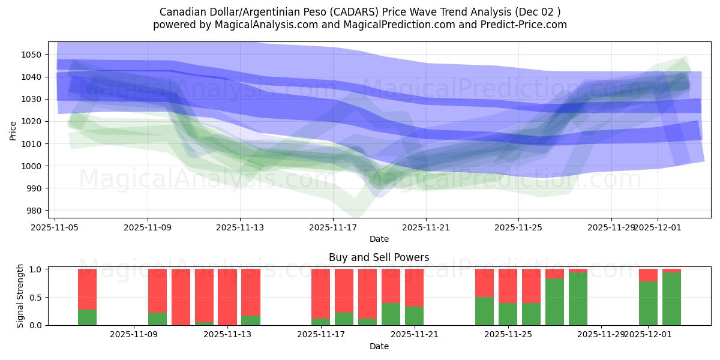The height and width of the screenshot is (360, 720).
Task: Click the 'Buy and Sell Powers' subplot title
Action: click(379, 257)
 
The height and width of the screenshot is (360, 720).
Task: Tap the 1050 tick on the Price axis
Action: click(36, 55)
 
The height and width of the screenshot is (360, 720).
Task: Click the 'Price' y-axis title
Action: click(14, 130)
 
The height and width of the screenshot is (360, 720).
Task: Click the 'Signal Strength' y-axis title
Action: click(20, 295)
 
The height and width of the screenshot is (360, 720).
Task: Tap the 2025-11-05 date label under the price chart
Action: click(55, 228)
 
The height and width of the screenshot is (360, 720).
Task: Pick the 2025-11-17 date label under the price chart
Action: click(333, 228)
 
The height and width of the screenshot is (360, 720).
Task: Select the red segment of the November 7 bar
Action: click(87, 288)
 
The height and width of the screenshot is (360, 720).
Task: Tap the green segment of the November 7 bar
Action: click(87, 317)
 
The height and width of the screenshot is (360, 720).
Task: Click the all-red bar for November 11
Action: click(181, 297)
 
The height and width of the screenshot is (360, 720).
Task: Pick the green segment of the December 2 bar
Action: click(671, 299)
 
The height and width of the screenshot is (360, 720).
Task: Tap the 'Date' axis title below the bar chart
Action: click(379, 346)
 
